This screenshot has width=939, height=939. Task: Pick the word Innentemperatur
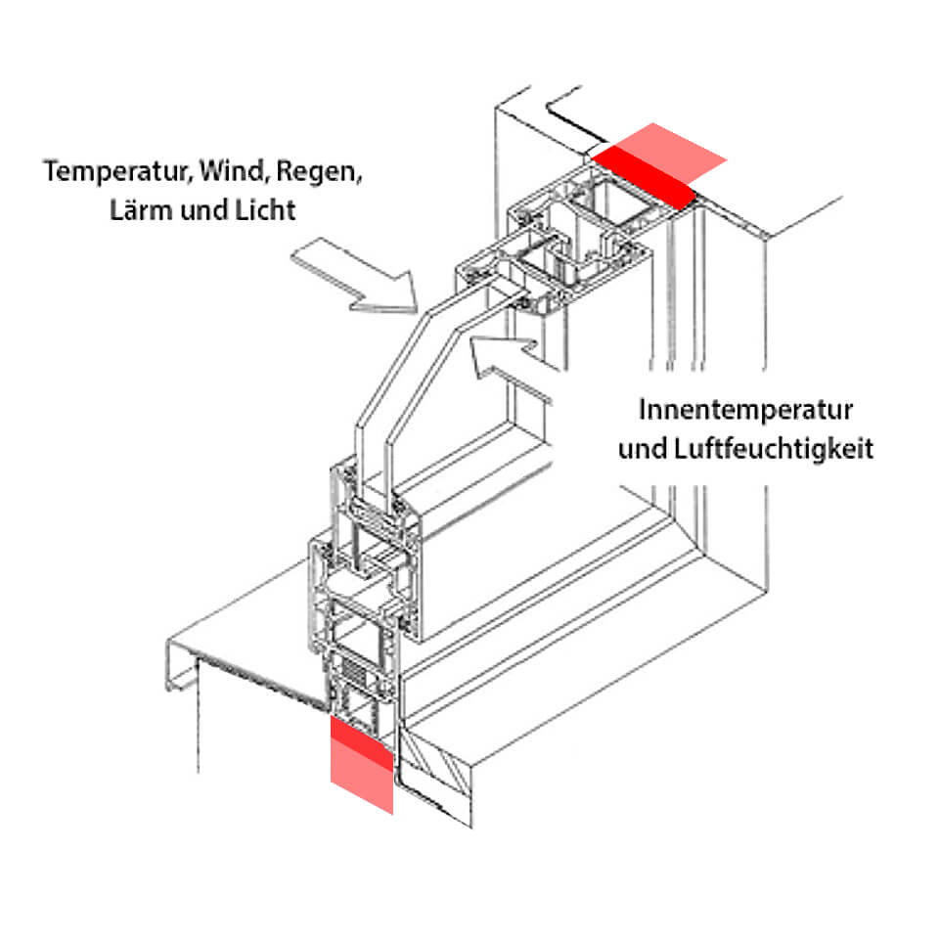point(745,410)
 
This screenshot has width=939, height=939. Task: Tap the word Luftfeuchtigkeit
point(772,449)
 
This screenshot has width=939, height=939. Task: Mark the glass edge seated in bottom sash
point(377,489)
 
